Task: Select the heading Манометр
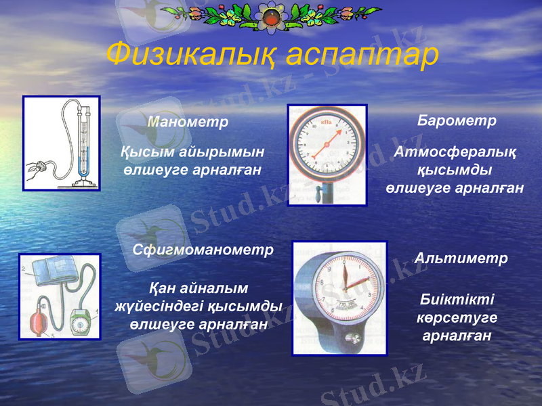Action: pyautogui.click(x=188, y=122)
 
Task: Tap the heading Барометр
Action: pyautogui.click(x=457, y=120)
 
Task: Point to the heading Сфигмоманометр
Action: pyautogui.click(x=203, y=250)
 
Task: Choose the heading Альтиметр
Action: pyautogui.click(x=461, y=258)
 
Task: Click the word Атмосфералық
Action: pyautogui.click(x=455, y=153)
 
